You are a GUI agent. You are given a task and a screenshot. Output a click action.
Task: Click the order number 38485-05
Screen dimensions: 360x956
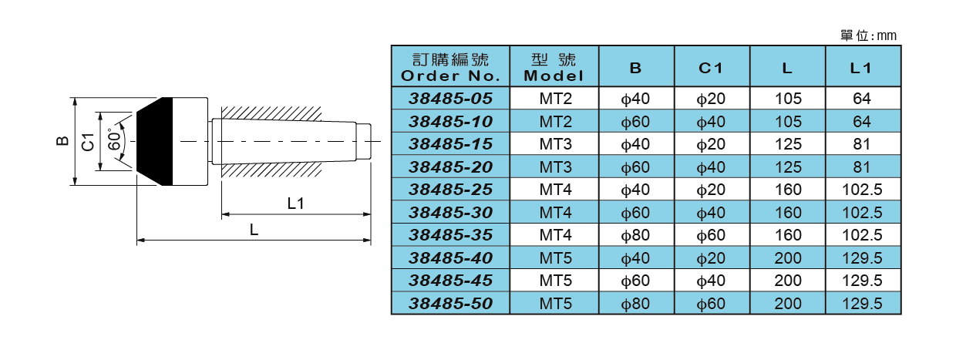450,99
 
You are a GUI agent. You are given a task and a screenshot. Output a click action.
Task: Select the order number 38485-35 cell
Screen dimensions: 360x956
450,234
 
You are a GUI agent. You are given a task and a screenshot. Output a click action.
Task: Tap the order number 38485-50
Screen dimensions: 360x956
450,303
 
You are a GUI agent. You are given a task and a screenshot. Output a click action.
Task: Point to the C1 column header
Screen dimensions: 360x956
710,67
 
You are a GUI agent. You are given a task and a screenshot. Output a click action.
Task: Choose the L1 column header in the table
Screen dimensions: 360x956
861,67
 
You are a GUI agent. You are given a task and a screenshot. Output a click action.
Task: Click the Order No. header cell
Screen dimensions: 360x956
450,67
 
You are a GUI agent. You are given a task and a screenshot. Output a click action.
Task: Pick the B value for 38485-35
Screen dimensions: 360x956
635,234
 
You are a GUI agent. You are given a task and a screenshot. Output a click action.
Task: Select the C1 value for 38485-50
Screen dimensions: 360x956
710,303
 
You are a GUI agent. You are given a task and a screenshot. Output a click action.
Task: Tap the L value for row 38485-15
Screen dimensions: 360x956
787,144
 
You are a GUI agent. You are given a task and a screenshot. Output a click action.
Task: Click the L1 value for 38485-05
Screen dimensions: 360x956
861,99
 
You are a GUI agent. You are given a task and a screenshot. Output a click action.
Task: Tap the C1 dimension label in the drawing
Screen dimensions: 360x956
88,142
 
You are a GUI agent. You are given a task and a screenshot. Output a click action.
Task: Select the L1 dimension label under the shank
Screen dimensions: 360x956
296,204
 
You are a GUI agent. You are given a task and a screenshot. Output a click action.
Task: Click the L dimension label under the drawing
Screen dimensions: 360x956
253,230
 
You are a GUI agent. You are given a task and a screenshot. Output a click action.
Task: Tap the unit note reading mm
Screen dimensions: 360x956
869,35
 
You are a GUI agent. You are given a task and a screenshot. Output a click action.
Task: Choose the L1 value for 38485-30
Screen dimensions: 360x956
861,212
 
